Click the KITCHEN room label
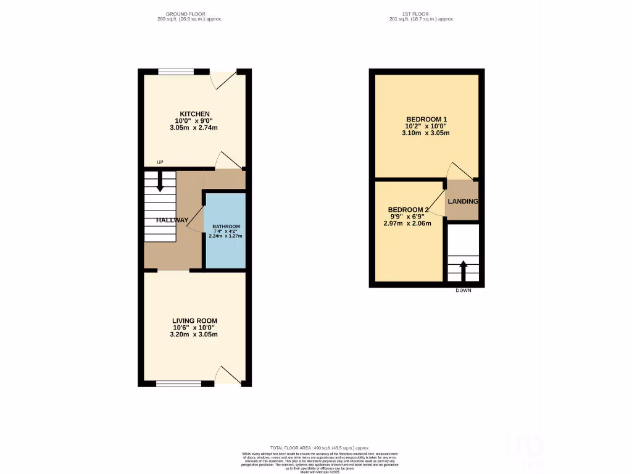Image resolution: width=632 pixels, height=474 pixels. pos(194,114)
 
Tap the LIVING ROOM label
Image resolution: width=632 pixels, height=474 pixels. pos(194,320)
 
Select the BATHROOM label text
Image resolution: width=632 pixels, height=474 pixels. pos(225,227)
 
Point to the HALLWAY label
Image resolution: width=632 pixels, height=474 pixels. pos(172,220)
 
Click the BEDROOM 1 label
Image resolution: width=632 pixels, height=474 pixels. pos(426,119)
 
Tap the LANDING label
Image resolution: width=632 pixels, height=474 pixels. pos(462,202)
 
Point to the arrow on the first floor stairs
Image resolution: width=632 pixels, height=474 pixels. pos(462,270)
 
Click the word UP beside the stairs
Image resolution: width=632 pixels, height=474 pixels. pos(160,162)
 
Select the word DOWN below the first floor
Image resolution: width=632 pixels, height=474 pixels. pos(463,290)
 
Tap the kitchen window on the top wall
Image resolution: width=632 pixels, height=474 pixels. pos(176,72)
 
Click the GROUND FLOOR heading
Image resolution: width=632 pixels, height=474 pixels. pos(185,14)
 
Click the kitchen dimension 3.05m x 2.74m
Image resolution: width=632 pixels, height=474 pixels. pos(194,128)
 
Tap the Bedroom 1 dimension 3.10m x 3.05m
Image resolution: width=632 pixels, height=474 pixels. pos(426,133)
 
